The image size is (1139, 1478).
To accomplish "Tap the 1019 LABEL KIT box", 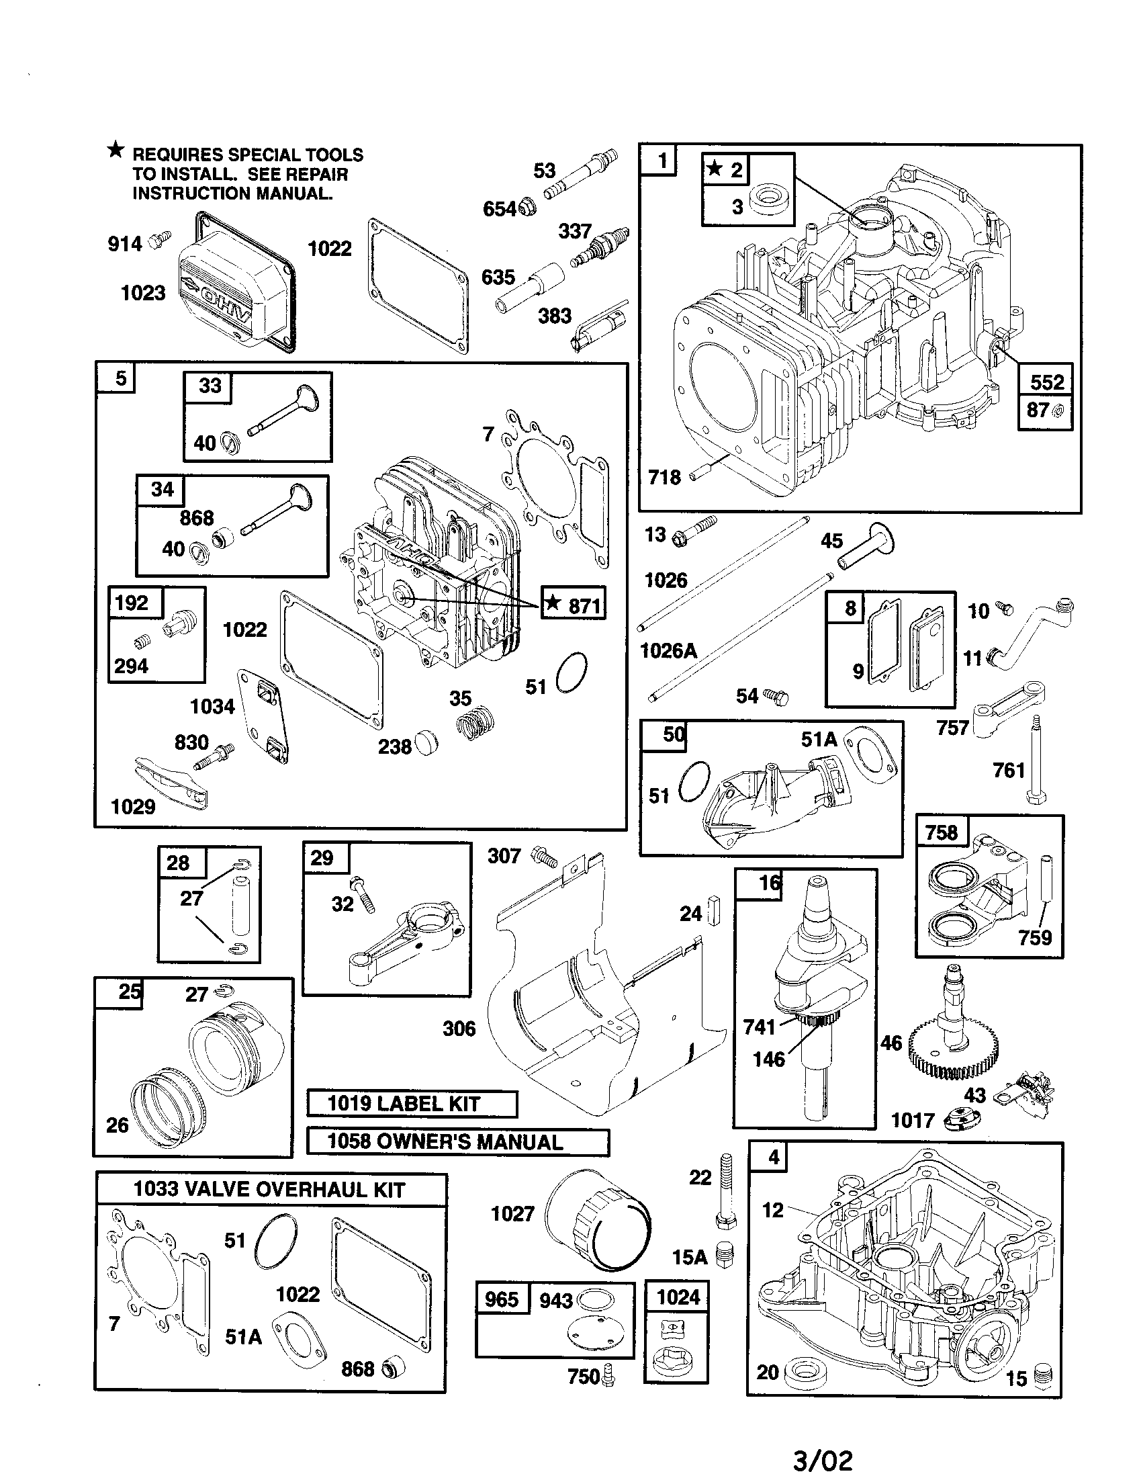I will pos(412,1104).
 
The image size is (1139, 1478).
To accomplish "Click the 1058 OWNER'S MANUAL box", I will pos(458,1141).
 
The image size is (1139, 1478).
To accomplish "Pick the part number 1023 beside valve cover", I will pos(143,293).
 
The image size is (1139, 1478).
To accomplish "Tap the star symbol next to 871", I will pos(553,602).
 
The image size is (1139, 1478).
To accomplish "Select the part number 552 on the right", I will pos(1046,382).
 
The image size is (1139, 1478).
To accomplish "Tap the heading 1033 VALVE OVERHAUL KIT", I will pos(270,1190).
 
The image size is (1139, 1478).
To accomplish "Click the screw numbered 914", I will pos(161,238).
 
